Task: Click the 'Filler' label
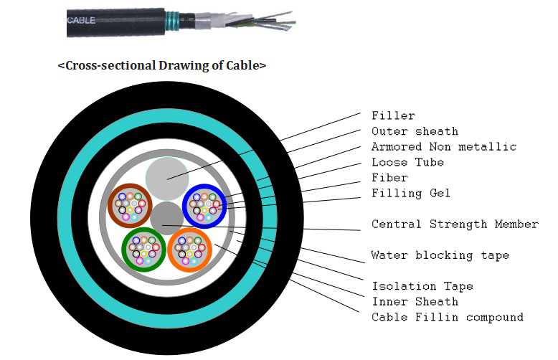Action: point(393,115)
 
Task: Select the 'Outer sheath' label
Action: point(415,131)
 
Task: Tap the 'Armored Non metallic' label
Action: point(443,147)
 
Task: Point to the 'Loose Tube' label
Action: point(407,162)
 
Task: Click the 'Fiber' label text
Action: point(389,178)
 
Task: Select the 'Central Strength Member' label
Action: point(455,224)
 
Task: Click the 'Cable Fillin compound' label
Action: point(447,317)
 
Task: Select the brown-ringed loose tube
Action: point(129,204)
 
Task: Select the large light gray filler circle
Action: point(167,178)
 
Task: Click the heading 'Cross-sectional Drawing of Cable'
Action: point(161,65)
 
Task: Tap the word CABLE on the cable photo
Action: point(82,21)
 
